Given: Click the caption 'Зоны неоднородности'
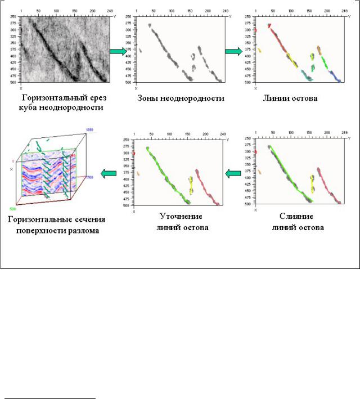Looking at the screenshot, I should tap(181, 98).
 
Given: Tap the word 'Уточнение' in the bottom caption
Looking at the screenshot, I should tap(181, 217).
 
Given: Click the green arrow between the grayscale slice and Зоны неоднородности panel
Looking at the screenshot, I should tap(118, 51).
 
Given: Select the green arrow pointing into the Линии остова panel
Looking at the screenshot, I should tap(233, 51).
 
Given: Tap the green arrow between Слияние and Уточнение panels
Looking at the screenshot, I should tap(232, 173).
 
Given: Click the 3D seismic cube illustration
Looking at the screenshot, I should tap(53, 169).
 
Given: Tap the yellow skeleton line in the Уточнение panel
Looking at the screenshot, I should tap(191, 183).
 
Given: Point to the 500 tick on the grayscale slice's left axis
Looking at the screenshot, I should tap(12, 82).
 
